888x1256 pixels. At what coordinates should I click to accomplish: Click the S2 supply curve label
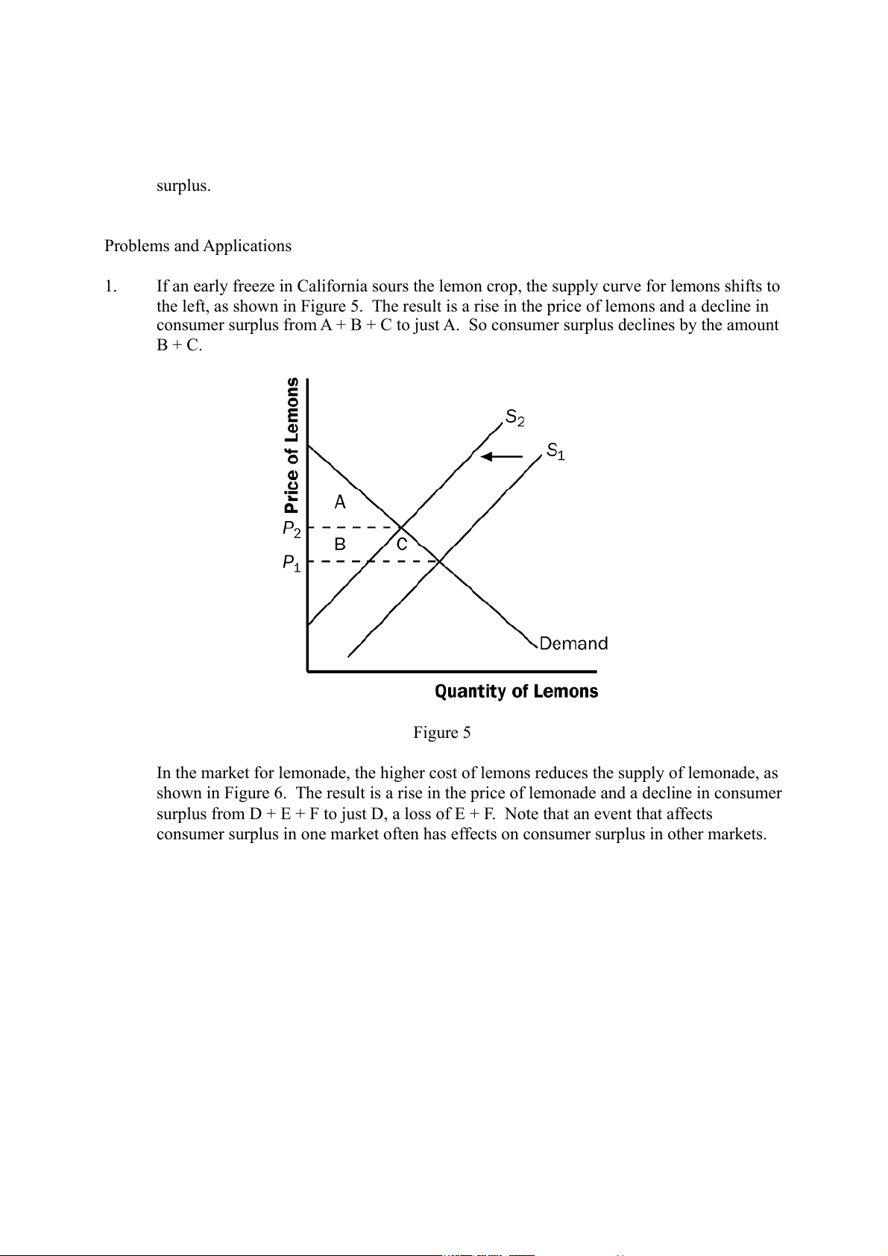pyautogui.click(x=514, y=417)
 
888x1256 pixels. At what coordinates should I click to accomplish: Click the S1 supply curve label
pyautogui.click(x=555, y=451)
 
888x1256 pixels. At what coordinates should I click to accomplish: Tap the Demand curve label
pyautogui.click(x=573, y=643)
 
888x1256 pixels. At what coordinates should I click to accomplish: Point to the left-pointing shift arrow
pyautogui.click(x=502, y=457)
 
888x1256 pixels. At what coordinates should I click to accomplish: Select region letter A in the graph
pyautogui.click(x=340, y=502)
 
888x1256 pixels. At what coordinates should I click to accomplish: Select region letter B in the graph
pyautogui.click(x=340, y=545)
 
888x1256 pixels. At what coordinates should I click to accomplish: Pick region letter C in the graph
pyautogui.click(x=402, y=545)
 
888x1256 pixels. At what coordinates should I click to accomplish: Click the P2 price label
pyautogui.click(x=292, y=530)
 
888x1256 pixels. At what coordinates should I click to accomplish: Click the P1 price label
pyautogui.click(x=292, y=564)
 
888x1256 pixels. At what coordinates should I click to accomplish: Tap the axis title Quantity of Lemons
pyautogui.click(x=516, y=692)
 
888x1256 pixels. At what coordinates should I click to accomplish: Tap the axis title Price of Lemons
pyautogui.click(x=292, y=446)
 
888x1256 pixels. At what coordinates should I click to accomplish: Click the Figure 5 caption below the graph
pyautogui.click(x=442, y=733)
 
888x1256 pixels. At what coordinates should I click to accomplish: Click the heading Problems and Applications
pyautogui.click(x=198, y=246)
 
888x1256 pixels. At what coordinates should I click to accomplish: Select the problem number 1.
pyautogui.click(x=111, y=286)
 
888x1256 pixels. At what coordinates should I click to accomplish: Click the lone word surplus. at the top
pyautogui.click(x=183, y=186)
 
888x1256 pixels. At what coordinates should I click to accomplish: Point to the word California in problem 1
pyautogui.click(x=333, y=286)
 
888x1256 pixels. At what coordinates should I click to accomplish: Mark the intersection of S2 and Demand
pyautogui.click(x=402, y=528)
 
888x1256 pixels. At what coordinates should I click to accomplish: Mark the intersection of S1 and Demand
pyautogui.click(x=440, y=561)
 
